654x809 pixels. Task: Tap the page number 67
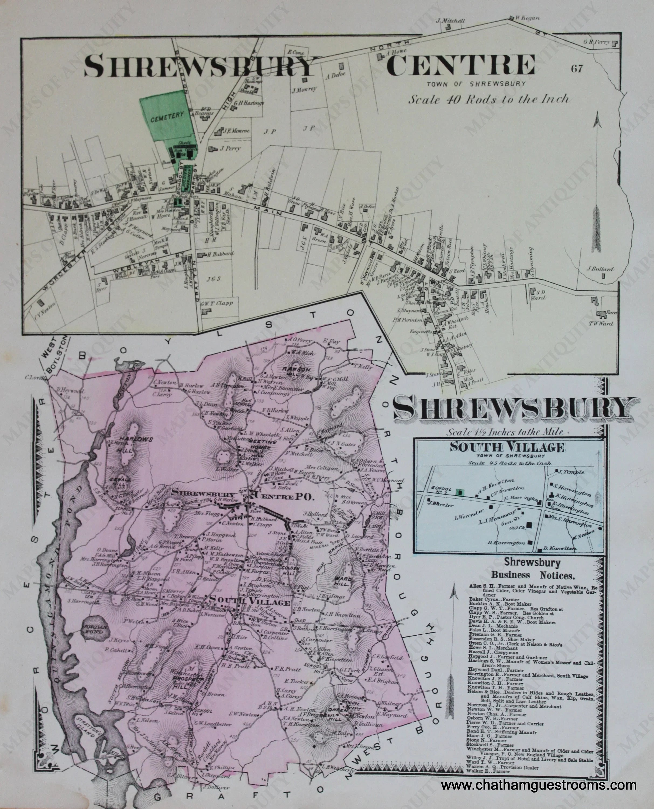tap(577, 68)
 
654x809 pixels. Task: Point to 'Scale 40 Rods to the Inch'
tap(489, 99)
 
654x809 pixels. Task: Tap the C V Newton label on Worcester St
tap(44, 309)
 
